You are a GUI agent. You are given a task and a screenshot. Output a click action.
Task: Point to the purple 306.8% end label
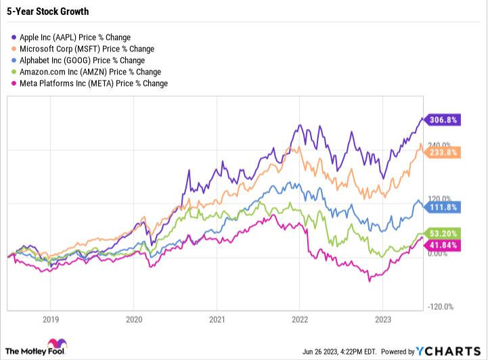click(443, 120)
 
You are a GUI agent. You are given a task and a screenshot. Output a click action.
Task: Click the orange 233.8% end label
click(443, 152)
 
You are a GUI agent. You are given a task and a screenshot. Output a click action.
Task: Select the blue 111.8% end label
click(443, 206)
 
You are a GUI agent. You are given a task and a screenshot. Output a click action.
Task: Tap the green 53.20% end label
click(443, 232)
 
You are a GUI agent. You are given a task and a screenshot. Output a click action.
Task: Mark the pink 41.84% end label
click(443, 243)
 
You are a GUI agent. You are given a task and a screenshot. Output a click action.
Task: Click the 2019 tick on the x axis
click(51, 318)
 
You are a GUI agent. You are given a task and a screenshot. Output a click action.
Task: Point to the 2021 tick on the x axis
click(217, 318)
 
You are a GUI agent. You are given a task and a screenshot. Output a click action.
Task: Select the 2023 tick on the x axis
click(382, 318)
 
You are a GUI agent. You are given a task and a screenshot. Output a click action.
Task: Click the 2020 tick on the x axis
click(134, 318)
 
